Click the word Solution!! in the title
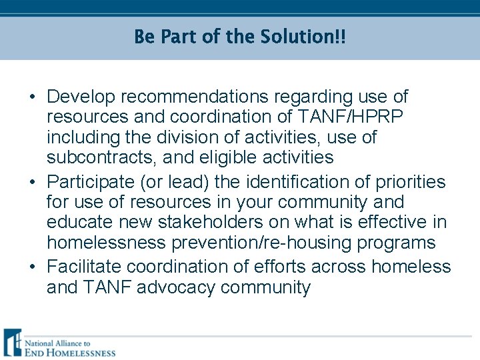pyautogui.click(x=301, y=36)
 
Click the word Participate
pyautogui.click(x=89, y=182)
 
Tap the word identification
pyautogui.click(x=301, y=182)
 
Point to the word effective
pyautogui.click(x=386, y=222)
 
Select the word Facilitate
pyautogui.click(x=84, y=267)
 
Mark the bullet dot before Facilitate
pyautogui.click(x=32, y=267)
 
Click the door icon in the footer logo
pyautogui.click(x=12, y=343)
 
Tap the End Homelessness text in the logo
pyautogui.click(x=69, y=352)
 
